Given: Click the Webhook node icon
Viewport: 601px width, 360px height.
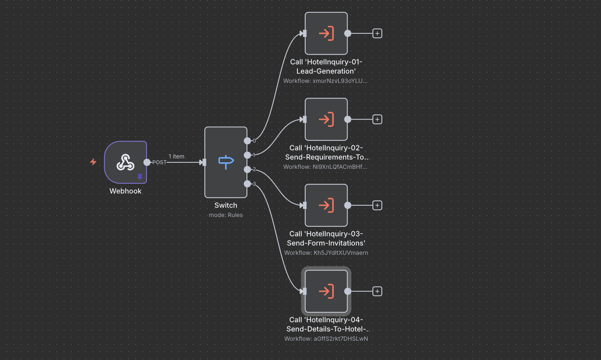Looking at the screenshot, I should (125, 162).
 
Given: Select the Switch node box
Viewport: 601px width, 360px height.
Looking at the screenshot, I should (226, 162).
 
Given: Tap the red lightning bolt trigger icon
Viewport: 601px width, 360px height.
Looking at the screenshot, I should (93, 162).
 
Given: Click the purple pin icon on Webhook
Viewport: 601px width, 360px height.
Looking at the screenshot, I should (140, 177).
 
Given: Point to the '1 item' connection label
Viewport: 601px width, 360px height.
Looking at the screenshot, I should (176, 156).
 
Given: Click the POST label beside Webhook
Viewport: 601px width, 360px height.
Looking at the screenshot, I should (159, 162).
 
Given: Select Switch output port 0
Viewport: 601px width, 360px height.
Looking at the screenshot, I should (247, 141).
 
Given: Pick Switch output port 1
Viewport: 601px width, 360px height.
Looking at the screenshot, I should (247, 155).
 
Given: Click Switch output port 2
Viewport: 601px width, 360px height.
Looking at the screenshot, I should (247, 170).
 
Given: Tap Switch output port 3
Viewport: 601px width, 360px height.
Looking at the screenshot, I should (247, 184).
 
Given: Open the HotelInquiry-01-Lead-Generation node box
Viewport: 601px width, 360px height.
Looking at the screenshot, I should (326, 34).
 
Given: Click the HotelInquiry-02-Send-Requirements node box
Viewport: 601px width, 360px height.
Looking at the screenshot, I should (326, 119).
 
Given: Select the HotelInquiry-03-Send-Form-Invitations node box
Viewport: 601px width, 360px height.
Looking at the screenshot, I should (326, 205).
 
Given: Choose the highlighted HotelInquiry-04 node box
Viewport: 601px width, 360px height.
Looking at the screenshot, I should (326, 291).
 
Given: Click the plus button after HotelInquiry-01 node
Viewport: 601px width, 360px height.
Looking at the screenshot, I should (377, 34).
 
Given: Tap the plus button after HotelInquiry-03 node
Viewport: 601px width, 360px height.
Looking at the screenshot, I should (377, 205).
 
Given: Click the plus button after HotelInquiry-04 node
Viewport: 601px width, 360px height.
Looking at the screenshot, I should (377, 291).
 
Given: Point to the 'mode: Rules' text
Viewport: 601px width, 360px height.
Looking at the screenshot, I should (226, 215).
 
